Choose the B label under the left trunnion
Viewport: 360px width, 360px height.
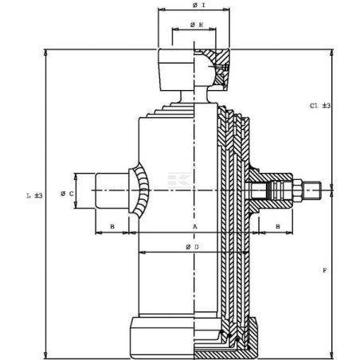click(x=112, y=228)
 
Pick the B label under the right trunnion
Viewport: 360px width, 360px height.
click(x=277, y=227)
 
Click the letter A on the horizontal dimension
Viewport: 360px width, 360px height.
click(x=194, y=228)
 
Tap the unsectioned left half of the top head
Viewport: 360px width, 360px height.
click(x=175, y=70)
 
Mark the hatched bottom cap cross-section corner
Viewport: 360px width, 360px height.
click(x=243, y=338)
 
